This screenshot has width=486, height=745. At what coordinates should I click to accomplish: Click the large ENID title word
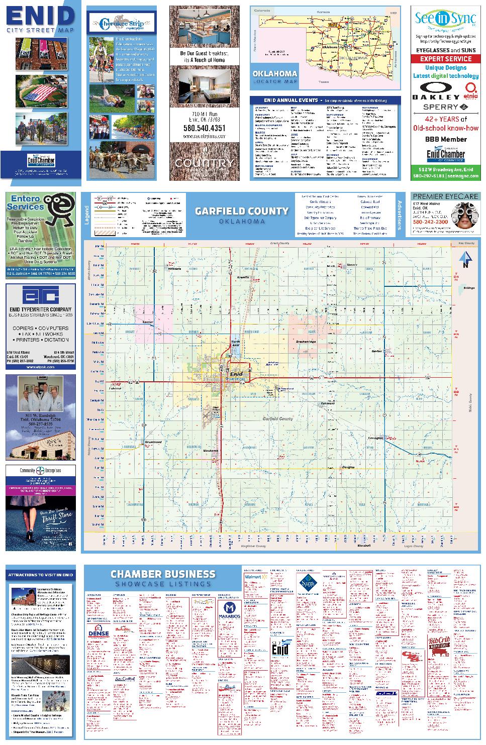coord(40,17)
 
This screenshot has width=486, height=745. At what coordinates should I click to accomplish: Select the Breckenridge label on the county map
coord(305,342)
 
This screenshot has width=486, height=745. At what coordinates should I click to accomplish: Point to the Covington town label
coord(375,438)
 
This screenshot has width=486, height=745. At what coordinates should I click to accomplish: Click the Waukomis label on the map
coord(210,451)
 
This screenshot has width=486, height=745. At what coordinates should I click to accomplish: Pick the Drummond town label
coord(154,442)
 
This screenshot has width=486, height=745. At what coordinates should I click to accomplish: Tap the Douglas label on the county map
coord(348,467)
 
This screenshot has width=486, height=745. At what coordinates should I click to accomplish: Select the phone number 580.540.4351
coord(204,128)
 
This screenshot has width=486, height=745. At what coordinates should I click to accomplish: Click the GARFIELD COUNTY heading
coord(242,211)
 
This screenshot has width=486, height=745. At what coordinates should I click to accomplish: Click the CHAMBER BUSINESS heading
coord(163,574)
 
